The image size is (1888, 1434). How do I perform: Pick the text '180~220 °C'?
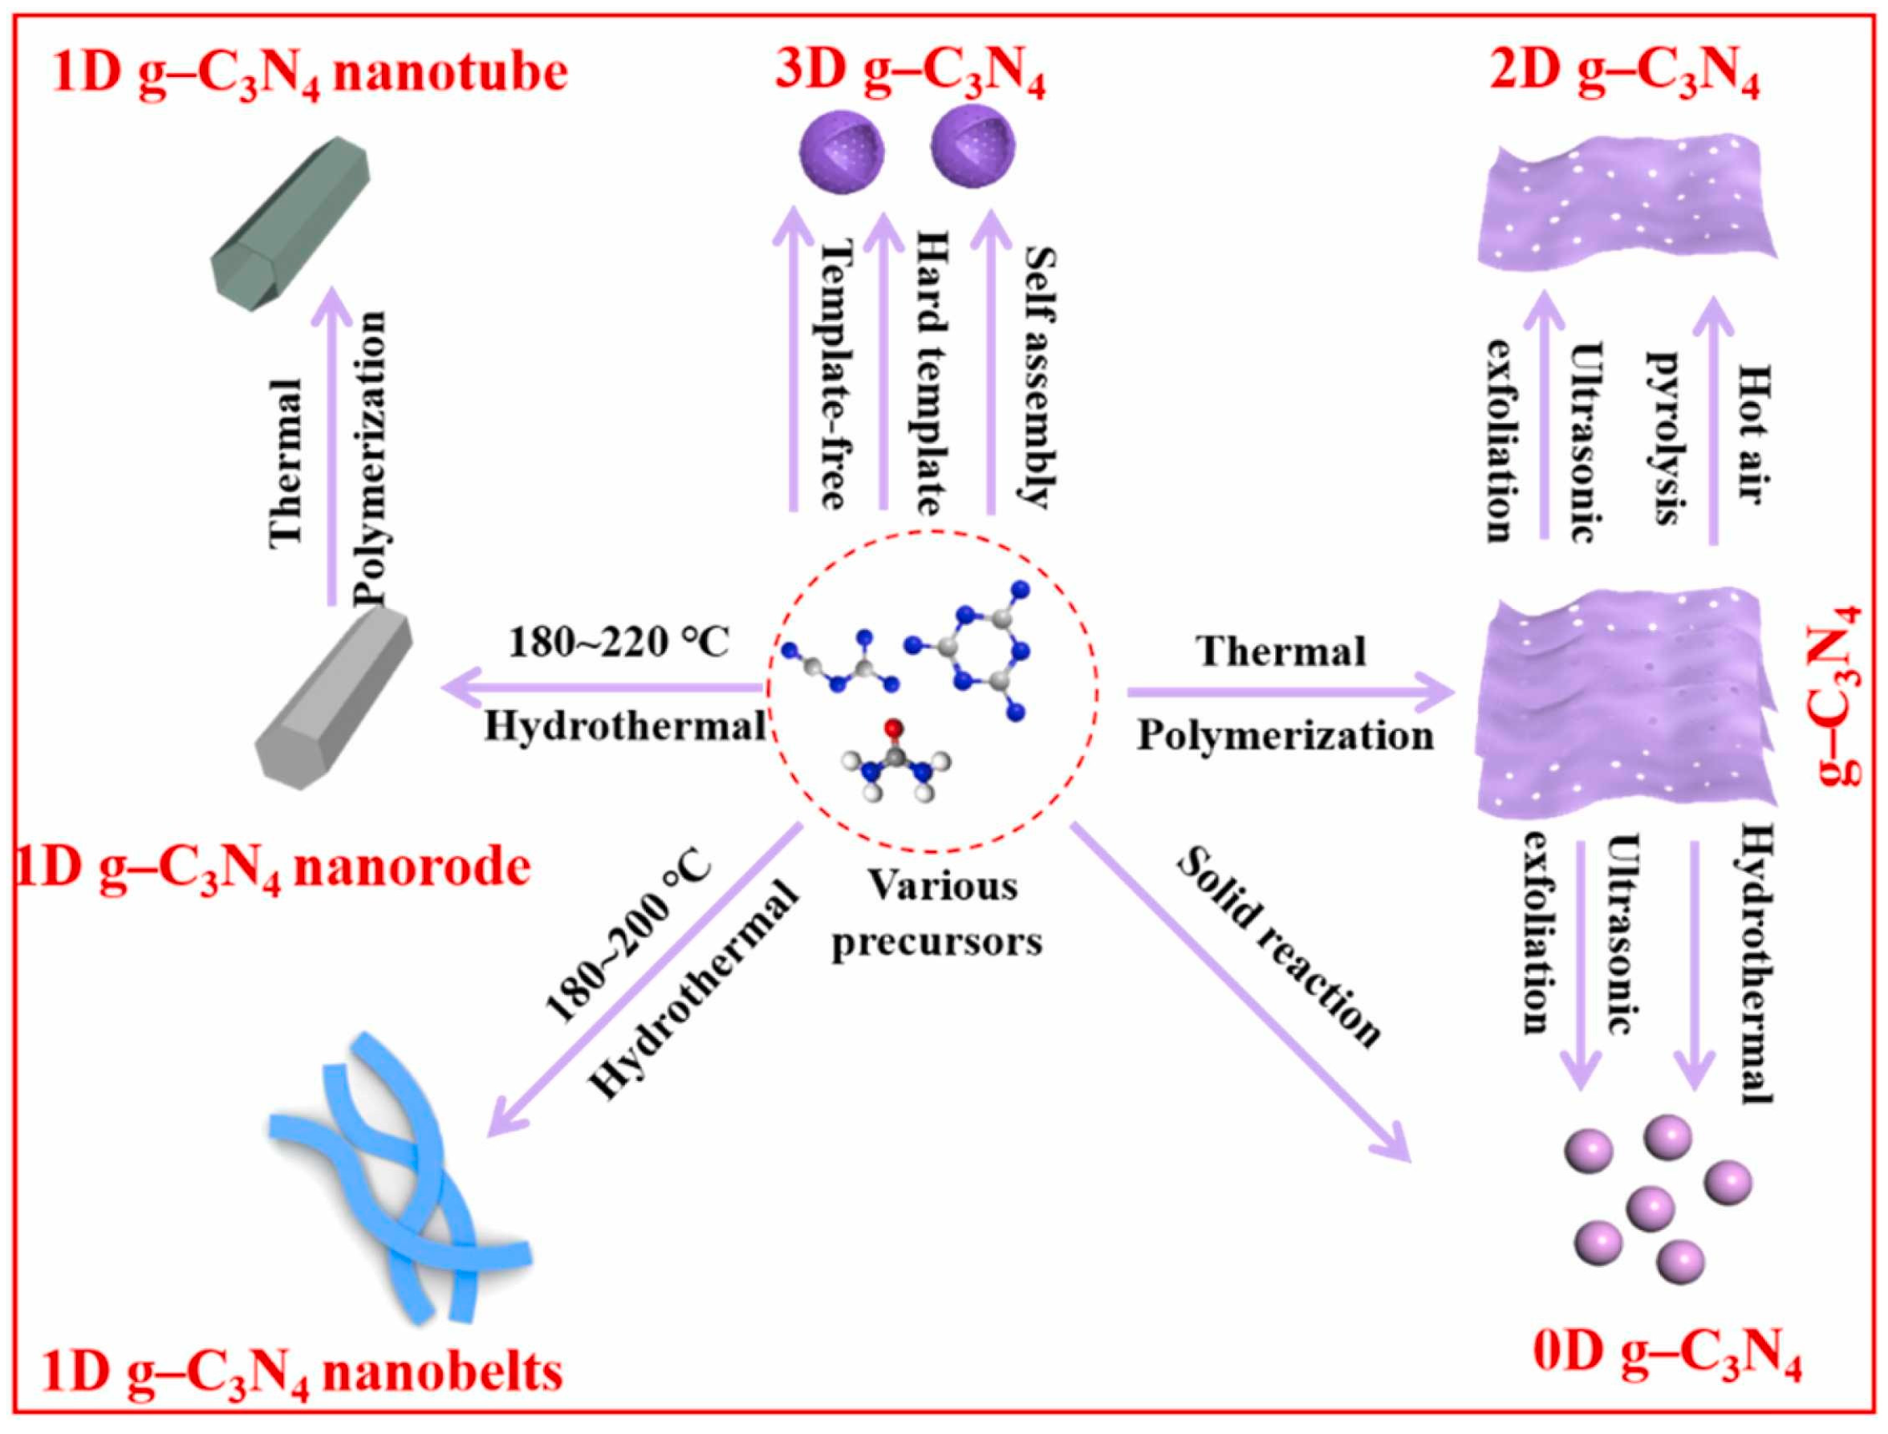tap(619, 642)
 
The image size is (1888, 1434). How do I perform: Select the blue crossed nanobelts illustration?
tap(397, 1178)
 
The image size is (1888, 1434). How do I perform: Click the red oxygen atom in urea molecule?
tap(893, 728)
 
